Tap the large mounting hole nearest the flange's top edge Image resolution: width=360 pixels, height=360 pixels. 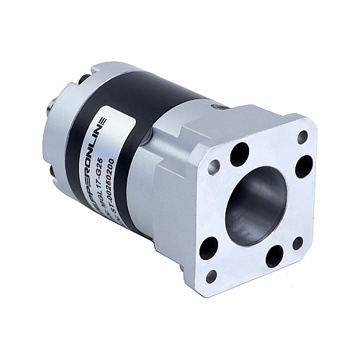(240, 153)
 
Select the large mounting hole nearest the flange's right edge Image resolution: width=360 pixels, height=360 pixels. (303, 166)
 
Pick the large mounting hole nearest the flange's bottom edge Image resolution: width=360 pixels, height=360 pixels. (274, 256)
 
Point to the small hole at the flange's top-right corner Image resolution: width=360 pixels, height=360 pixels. (302, 135)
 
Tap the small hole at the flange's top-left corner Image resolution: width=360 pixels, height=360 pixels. (213, 167)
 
